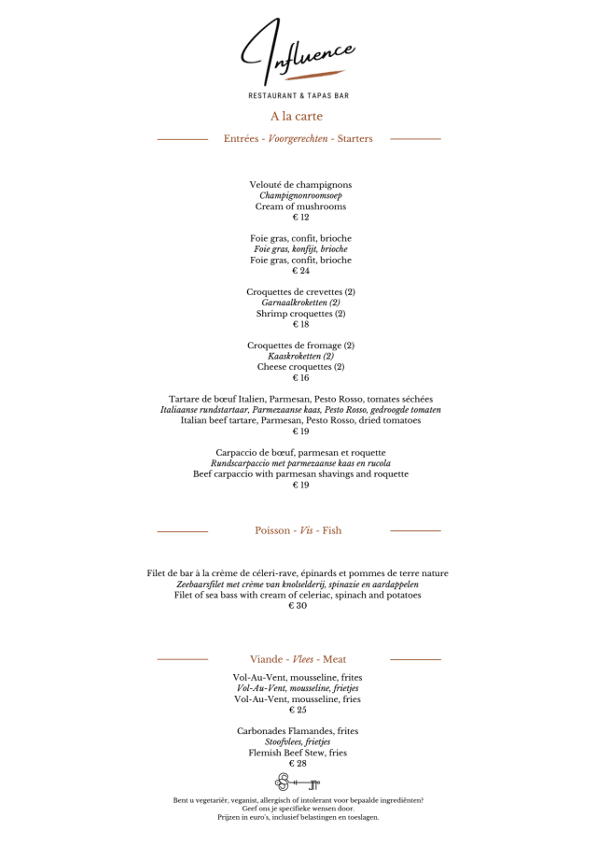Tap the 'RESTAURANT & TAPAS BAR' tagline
[298, 95]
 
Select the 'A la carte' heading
[297, 117]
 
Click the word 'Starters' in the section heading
[355, 139]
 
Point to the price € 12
[300, 218]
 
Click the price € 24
[300, 271]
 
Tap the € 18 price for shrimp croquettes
[300, 325]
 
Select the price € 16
[300, 378]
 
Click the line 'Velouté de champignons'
[300, 185]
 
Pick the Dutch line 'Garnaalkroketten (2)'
[300, 303]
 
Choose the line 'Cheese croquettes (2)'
[300, 367]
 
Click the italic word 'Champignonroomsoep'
[300, 196]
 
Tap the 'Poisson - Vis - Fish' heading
[298, 530]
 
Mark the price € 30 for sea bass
[298, 606]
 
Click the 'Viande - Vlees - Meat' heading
[298, 659]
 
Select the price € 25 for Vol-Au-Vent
[298, 710]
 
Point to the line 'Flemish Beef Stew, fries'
[298, 753]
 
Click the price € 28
[298, 764]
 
